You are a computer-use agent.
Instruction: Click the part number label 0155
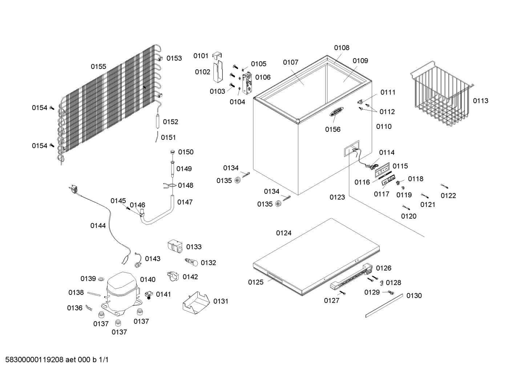(98, 66)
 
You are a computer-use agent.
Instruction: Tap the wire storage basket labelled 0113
(442, 93)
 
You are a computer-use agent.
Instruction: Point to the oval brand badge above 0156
(336, 111)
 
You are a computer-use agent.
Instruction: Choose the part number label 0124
(284, 233)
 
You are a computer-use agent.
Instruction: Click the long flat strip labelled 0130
(384, 305)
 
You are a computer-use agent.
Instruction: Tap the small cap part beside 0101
(217, 56)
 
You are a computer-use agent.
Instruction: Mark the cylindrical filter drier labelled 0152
(158, 121)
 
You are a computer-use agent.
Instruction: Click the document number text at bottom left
(57, 360)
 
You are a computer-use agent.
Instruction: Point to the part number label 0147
(185, 202)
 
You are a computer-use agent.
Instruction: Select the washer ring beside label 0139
(101, 279)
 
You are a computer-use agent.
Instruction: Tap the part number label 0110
(384, 126)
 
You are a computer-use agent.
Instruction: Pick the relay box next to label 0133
(175, 246)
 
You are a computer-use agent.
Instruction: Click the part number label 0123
(337, 197)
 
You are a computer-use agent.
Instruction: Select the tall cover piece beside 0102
(218, 71)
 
